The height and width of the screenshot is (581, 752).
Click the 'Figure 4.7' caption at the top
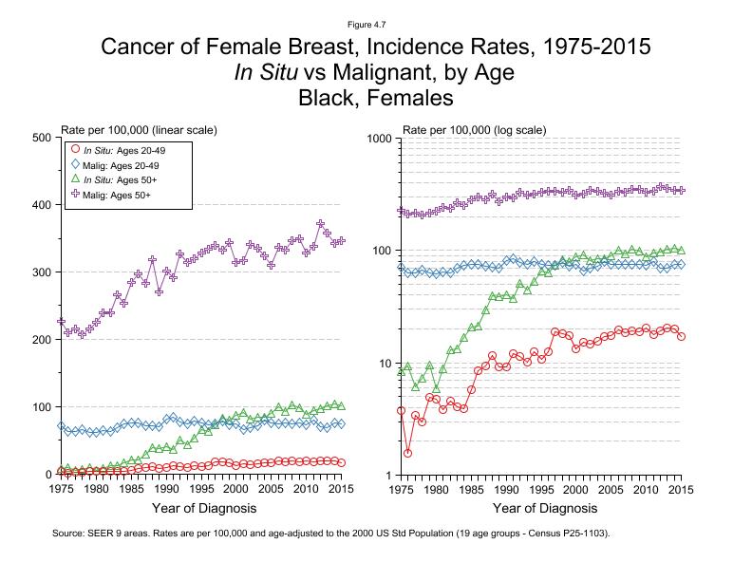pos(375,23)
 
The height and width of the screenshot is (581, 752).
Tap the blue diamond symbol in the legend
pos(75,165)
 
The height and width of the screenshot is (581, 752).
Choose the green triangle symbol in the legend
pos(75,179)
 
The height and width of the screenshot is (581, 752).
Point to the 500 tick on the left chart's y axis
pos(42,138)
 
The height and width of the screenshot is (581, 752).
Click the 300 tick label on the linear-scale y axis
pos(42,272)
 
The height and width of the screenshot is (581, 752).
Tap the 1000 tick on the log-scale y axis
pos(379,138)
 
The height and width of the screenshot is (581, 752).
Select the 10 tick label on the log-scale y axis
pos(385,363)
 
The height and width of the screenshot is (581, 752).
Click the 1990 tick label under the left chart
pos(166,488)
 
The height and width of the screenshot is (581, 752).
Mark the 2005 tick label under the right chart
pos(611,488)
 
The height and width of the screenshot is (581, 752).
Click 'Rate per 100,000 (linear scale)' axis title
pos(140,128)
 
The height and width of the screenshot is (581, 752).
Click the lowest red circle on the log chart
pos(407,453)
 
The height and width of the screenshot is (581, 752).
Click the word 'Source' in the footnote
pos(70,534)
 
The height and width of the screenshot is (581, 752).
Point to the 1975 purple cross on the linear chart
pos(61,322)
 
